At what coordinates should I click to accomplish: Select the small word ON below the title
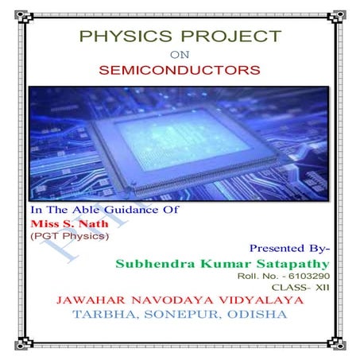tap(180, 54)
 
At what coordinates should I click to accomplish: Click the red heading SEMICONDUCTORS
tap(180, 70)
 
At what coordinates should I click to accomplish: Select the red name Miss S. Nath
tap(60, 224)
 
